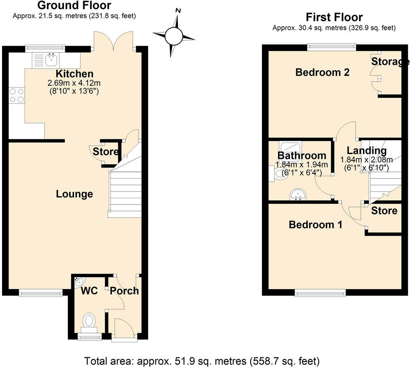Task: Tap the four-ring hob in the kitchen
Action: pos(17,95)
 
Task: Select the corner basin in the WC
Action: pos(79,282)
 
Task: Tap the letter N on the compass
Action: pos(178,11)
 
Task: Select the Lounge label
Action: pos(74,194)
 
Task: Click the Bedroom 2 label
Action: pos(322,72)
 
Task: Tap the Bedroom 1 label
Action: pos(316,225)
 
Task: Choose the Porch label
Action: pos(124,290)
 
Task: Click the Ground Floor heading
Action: pos(74,5)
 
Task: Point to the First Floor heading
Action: pos(334,17)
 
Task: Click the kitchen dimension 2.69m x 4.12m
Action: pos(74,83)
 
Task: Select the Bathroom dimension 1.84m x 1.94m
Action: pos(302,165)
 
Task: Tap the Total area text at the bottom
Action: pos(202,361)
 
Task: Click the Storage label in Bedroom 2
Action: pos(390,61)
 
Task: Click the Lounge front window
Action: pos(40,293)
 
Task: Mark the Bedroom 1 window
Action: pos(320,293)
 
